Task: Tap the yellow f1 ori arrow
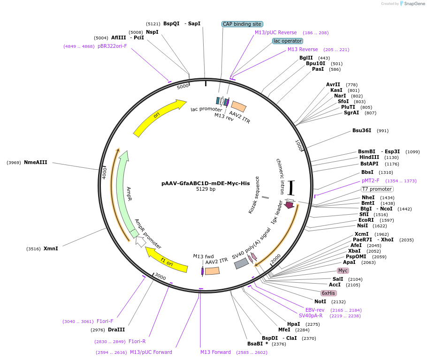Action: coord(167,261)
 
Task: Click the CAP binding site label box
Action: coord(242,24)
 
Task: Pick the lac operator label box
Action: coord(288,41)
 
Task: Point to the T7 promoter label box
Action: coord(377,189)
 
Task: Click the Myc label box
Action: coord(343,270)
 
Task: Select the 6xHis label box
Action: coord(328,293)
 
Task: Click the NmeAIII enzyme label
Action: coord(36,163)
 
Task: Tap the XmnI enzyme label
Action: coord(51,248)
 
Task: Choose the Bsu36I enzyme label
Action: coord(362,130)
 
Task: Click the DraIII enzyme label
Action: coord(116,330)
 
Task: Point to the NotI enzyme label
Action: coord(320,301)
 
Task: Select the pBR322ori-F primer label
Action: coord(112,46)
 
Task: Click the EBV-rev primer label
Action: coord(315,310)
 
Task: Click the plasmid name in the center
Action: coord(206,183)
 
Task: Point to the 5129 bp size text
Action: coord(206,189)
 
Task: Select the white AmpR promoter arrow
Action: coord(140,242)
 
